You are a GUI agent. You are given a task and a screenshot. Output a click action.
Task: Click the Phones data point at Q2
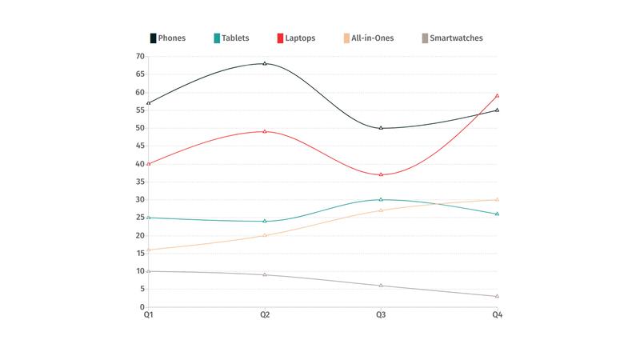(265, 63)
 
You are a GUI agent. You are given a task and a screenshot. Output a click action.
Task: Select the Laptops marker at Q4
(497, 96)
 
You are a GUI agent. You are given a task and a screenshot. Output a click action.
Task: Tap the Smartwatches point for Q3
(381, 286)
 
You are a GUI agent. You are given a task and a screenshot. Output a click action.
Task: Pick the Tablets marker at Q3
(381, 199)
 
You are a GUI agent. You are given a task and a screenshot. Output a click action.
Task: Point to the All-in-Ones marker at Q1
(149, 250)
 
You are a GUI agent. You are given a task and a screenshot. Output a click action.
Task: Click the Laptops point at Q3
(381, 174)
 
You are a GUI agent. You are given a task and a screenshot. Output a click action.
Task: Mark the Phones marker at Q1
(149, 103)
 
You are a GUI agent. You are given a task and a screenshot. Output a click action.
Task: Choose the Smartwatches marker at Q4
(497, 296)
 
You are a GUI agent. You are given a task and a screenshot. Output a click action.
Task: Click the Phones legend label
(172, 38)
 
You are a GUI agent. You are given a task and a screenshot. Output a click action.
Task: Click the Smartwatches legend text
(456, 38)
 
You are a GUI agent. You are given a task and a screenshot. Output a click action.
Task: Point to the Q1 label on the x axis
(149, 316)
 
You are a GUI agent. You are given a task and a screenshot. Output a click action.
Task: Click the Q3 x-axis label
(381, 316)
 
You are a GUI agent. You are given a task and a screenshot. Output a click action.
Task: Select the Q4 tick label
(497, 316)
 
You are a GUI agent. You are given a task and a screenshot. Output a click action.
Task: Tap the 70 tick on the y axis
(140, 57)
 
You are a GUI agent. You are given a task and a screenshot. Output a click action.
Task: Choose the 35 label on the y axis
(140, 182)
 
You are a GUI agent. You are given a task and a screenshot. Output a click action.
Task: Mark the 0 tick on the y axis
(142, 307)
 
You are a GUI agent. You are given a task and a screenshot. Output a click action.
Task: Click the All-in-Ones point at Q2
(265, 235)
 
